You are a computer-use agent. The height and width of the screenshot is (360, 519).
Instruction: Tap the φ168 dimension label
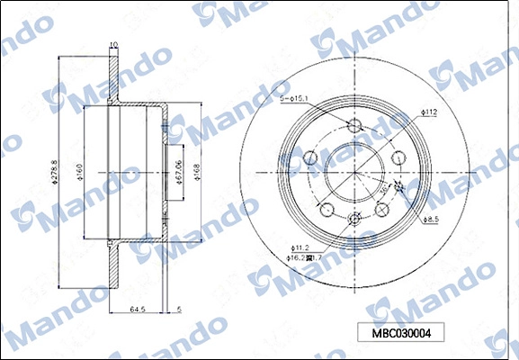click(x=196, y=172)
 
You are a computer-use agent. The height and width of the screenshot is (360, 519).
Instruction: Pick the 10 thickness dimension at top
click(x=112, y=45)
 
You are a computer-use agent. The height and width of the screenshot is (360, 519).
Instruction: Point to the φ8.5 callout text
click(x=431, y=219)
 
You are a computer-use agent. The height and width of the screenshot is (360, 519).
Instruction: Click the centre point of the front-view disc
click(x=353, y=172)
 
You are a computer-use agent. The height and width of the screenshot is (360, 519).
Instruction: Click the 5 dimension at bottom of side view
click(x=179, y=308)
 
